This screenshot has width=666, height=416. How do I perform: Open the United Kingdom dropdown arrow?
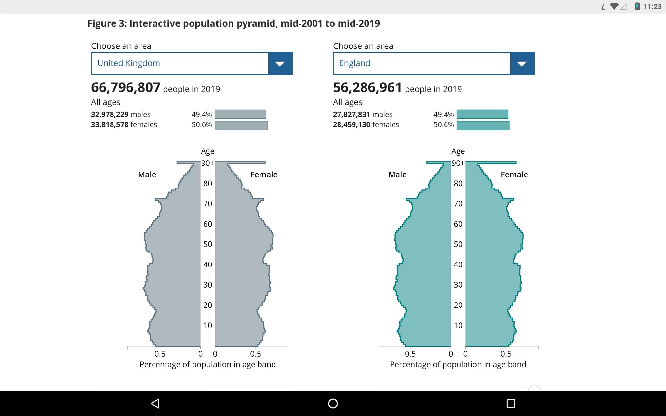click(280, 63)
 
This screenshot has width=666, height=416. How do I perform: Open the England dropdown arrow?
click(522, 63)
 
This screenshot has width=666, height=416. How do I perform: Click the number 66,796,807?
click(126, 87)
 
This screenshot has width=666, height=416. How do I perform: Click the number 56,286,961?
click(367, 87)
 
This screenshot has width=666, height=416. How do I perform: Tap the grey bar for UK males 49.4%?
click(240, 114)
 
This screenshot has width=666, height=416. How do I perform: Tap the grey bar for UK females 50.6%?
click(241, 125)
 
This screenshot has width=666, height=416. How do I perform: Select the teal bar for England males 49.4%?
click(482, 114)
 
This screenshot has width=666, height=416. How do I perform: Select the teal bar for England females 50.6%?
click(483, 125)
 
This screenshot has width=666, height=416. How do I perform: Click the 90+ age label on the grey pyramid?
click(207, 163)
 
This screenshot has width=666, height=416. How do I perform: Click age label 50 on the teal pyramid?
click(458, 244)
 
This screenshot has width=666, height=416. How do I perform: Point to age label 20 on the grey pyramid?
click(207, 305)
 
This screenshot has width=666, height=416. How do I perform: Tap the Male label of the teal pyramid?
click(397, 175)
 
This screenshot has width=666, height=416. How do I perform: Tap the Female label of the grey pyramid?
click(264, 175)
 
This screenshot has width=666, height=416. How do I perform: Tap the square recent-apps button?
click(511, 403)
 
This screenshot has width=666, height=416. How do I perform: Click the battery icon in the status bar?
click(637, 6)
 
